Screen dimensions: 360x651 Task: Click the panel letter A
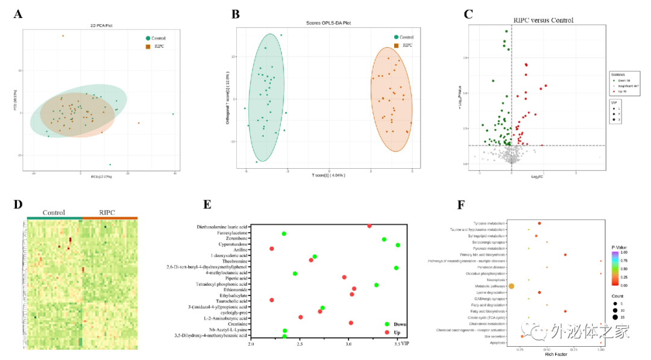(x=19, y=13)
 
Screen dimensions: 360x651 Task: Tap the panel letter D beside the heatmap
(x=19, y=203)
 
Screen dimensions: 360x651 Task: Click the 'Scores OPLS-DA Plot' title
(x=329, y=23)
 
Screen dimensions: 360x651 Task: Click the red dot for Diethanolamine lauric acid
(x=369, y=226)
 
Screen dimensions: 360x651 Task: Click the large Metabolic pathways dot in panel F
(x=511, y=286)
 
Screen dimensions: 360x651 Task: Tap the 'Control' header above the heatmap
(x=54, y=213)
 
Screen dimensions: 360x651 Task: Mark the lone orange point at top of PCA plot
(x=63, y=36)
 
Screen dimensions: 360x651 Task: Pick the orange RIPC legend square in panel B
(x=396, y=45)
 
